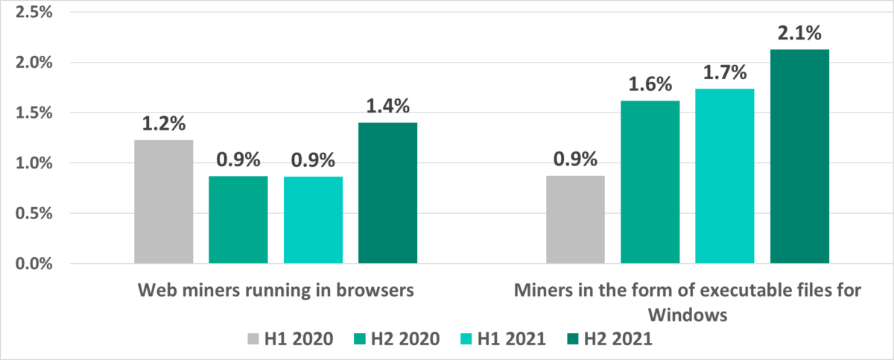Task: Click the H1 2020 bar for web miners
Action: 164,201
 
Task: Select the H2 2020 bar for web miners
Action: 238,220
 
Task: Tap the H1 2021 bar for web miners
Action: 313,220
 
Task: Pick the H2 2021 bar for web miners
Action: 387,192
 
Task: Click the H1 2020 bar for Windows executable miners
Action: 575,220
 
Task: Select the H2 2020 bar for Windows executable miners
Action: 650,182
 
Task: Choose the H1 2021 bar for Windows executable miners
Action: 724,176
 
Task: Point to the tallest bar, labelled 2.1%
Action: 799,157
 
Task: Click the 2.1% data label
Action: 799,34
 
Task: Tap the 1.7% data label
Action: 725,73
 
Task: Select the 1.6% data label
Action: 650,85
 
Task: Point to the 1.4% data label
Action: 387,107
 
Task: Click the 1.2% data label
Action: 164,124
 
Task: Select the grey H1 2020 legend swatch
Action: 253,339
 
